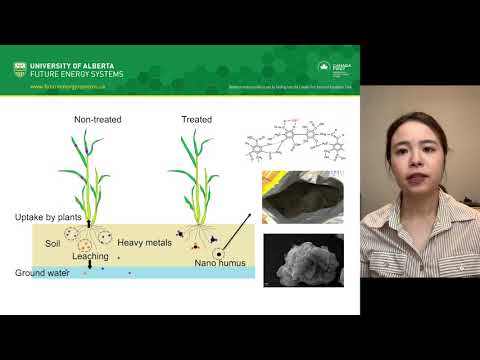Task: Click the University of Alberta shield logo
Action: [x=20, y=68]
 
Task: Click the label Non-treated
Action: [x=97, y=120]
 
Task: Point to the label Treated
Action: [x=196, y=120]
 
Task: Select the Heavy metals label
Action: [x=144, y=243]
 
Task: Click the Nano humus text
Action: [x=217, y=264]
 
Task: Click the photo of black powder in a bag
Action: [x=303, y=197]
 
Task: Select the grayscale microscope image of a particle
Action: [x=303, y=260]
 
